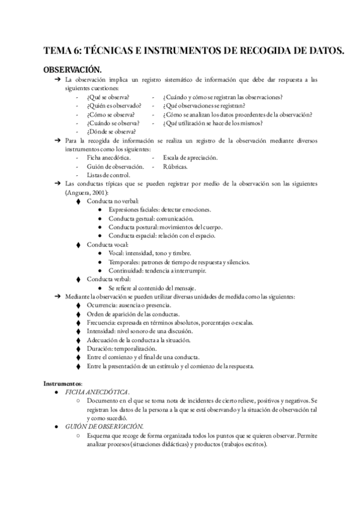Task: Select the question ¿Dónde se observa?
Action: (x=111, y=131)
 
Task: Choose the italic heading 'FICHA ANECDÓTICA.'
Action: (x=97, y=392)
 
